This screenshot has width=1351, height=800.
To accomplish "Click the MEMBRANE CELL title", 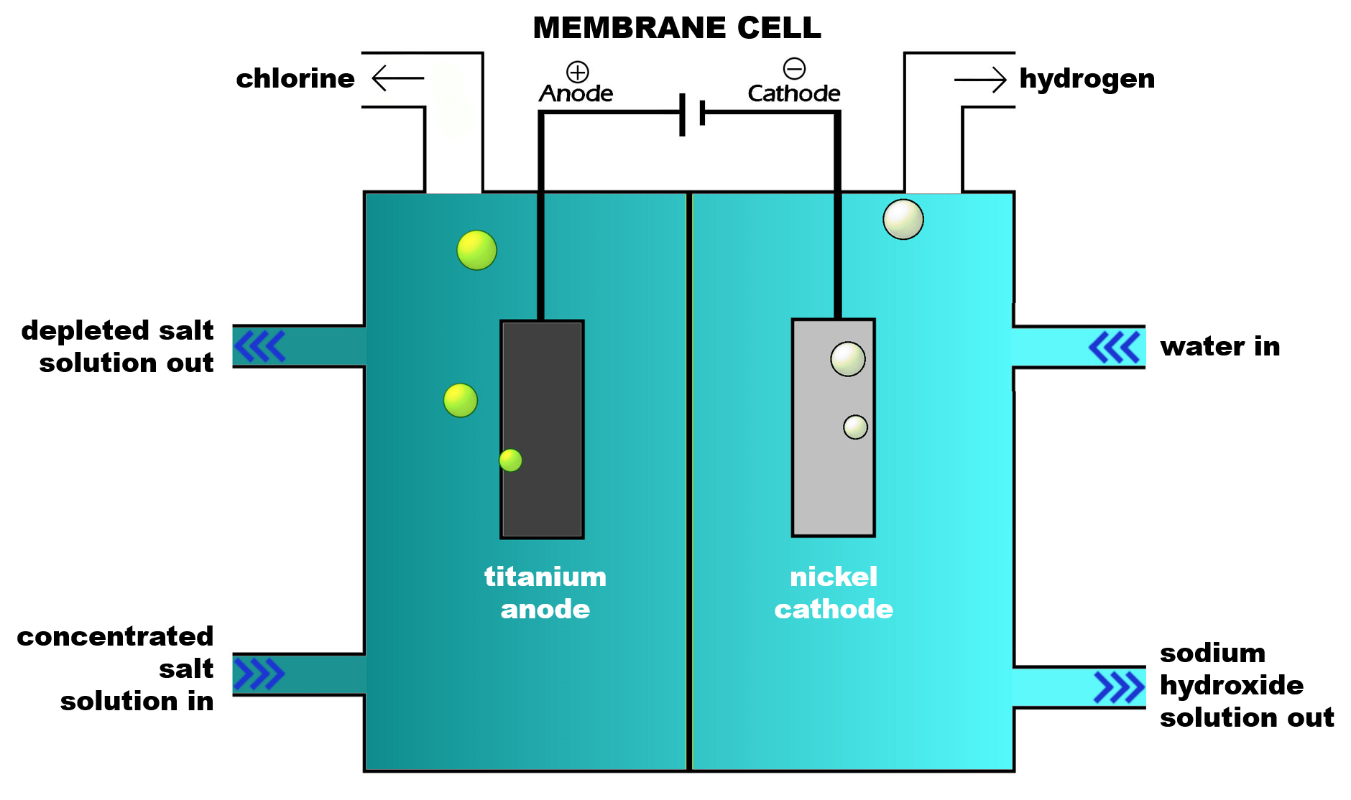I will click(x=676, y=27).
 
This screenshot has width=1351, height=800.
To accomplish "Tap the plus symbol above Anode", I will click(x=578, y=72).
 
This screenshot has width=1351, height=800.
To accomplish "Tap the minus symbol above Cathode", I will click(x=794, y=69).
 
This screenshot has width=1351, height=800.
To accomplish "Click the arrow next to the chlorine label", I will click(x=397, y=78).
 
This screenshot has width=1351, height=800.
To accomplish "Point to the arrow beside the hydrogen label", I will click(x=980, y=79).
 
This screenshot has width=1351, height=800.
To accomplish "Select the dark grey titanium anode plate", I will click(x=542, y=429).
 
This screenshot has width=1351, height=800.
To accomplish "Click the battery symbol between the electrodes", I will click(x=692, y=113).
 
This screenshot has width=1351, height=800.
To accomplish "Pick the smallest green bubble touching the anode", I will click(x=510, y=460).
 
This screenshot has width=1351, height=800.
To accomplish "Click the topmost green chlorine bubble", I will click(x=476, y=250).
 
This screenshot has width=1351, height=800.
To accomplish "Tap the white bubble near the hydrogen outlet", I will click(x=903, y=219).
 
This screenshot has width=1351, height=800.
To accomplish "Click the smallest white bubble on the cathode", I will click(x=855, y=427).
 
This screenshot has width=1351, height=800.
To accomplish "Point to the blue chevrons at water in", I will click(x=1114, y=347).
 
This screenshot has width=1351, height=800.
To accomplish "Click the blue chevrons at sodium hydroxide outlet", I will click(x=1118, y=687).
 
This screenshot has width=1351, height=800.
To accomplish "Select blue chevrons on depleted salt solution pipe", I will click(x=259, y=346).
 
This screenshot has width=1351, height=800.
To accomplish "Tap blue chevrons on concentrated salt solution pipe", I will click(x=259, y=674).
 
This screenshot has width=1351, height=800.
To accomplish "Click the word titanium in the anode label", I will click(x=545, y=577).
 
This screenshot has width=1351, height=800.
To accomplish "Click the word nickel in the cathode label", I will click(x=834, y=577).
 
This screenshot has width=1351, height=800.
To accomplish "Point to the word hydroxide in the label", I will click(x=1231, y=685).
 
